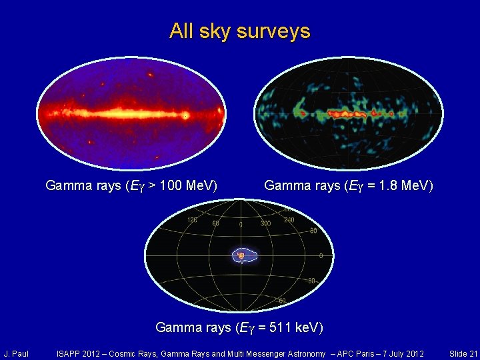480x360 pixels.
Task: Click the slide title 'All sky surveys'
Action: pos(239,31)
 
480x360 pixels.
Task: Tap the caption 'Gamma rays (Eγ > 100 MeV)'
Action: pos(131,185)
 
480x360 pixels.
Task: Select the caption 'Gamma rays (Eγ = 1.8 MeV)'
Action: pos(349,185)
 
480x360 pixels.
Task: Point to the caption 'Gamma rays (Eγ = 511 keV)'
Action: pos(239,327)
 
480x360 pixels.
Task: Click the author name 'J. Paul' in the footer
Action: pos(15,353)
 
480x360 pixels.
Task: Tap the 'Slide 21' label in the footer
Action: pos(463,353)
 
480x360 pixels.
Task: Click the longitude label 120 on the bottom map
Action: pos(192,219)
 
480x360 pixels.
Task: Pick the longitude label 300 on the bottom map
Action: pos(265,223)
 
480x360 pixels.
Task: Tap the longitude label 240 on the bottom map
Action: pos(289,219)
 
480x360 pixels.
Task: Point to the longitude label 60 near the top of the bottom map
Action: pos(216,223)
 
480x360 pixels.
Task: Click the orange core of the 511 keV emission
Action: pos(241,255)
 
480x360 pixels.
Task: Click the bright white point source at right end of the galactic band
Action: pos(185,115)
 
